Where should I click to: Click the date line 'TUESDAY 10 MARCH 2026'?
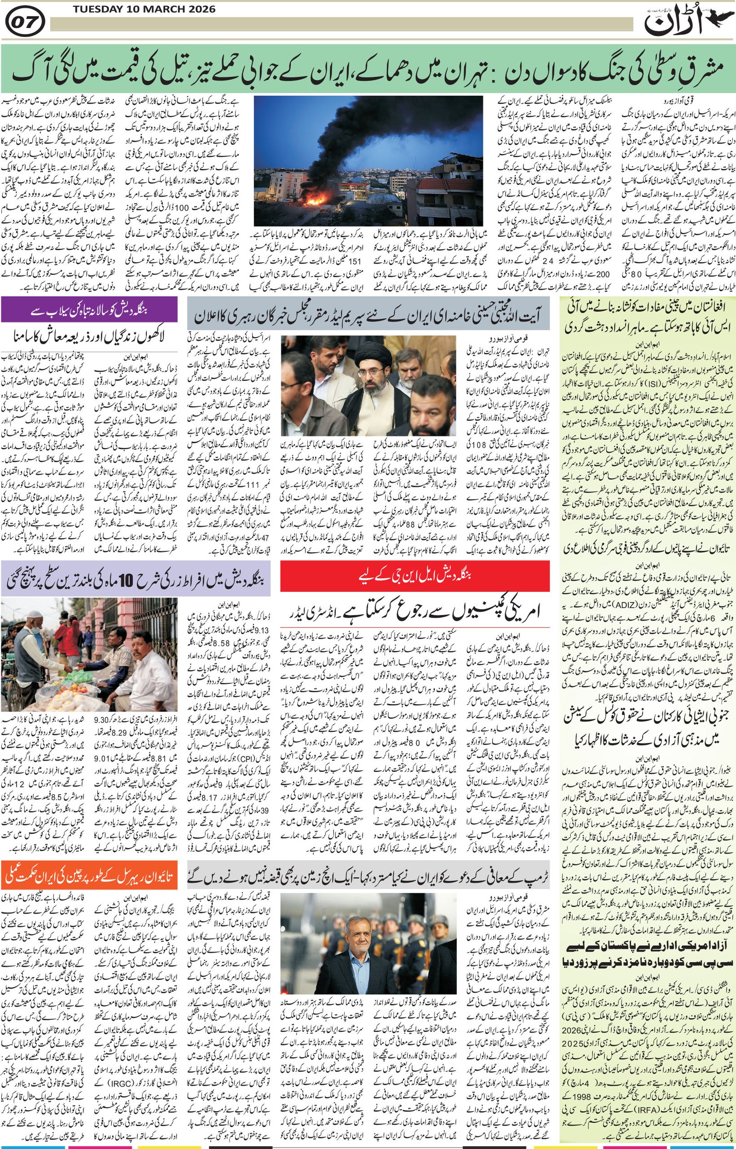coord(144,9)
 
